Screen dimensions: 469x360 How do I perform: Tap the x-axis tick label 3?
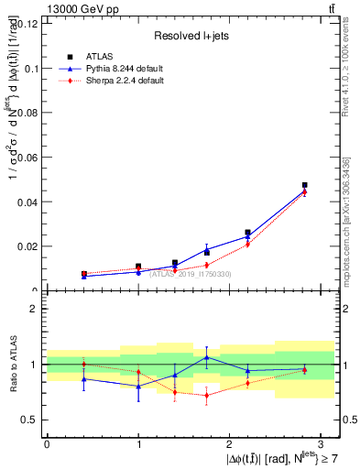322,444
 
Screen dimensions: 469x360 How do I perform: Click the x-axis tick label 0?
47,444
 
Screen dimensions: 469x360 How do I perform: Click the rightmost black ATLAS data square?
304,185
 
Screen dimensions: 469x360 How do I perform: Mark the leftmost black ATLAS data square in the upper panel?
83,274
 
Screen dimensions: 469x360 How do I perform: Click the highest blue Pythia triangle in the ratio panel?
207,357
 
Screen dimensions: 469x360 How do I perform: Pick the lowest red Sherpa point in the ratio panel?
207,395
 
